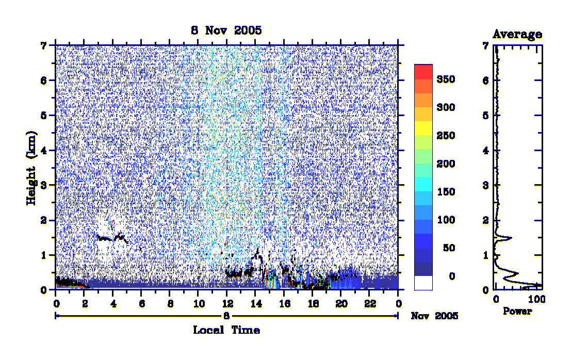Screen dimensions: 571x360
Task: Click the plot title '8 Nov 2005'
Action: [226, 30]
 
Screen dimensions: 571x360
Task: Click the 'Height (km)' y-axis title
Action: [31, 168]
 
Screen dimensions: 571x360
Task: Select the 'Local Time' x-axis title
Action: [226, 330]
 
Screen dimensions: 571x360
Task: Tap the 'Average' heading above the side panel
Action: [517, 34]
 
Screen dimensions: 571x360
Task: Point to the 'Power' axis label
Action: [517, 311]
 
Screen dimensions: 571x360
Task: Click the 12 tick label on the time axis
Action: [227, 304]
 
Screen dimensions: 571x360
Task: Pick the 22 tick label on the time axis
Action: [370, 304]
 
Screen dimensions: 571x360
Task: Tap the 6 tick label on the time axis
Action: [142, 304]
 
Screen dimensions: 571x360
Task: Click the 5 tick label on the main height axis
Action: [44, 116]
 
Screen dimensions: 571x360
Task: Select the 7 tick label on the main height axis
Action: [44, 45]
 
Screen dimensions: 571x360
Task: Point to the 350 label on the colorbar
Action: [446, 79]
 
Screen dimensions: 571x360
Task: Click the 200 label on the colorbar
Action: [446, 164]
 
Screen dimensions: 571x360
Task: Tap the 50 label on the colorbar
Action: [449, 248]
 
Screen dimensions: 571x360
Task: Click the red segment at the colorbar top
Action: [423, 72]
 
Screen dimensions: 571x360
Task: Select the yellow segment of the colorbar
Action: [423, 128]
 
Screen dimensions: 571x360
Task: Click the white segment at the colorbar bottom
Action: [423, 283]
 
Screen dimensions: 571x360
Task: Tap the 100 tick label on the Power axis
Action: [536, 299]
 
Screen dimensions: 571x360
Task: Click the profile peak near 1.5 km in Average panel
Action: [511, 238]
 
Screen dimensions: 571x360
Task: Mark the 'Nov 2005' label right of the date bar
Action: [434, 316]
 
